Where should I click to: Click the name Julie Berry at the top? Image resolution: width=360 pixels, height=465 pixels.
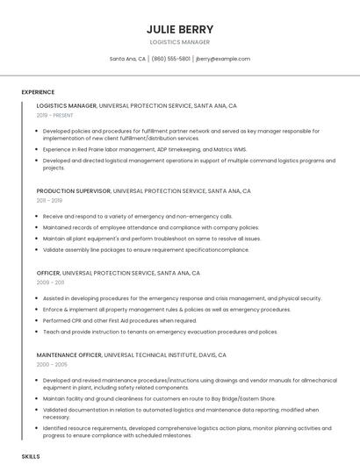click(x=180, y=29)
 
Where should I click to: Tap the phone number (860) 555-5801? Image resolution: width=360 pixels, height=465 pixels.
click(x=170, y=59)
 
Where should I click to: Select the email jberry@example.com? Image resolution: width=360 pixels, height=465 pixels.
click(x=223, y=59)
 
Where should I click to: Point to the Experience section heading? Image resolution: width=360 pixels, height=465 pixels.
click(x=38, y=92)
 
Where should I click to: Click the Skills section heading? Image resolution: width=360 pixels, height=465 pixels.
click(x=31, y=457)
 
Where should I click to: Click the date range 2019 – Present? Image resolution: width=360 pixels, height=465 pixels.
click(x=55, y=115)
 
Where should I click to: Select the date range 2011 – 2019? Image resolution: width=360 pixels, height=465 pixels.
click(x=49, y=200)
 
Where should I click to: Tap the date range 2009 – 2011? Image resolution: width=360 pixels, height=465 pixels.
click(x=50, y=283)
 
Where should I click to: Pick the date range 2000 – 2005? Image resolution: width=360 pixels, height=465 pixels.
click(x=51, y=365)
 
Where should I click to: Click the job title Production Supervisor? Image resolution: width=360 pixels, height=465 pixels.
click(x=74, y=190)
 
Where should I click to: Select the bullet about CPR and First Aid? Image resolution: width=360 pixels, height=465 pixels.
click(x=119, y=320)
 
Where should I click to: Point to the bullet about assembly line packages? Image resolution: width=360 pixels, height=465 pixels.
click(x=146, y=249)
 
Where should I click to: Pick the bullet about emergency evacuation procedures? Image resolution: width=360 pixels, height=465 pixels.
click(x=160, y=332)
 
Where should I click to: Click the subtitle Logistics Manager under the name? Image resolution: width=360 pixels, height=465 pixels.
click(x=180, y=41)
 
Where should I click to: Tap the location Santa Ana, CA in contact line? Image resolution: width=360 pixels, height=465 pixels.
click(x=127, y=59)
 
